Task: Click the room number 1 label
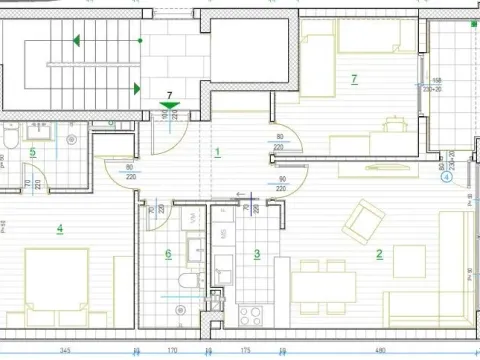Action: tap(218, 153)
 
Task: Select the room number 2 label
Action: tap(379, 254)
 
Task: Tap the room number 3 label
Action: tap(257, 254)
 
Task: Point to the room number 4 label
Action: tap(60, 229)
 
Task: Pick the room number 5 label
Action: tap(33, 153)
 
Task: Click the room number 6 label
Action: tap(168, 254)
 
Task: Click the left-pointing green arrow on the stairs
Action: tap(77, 41)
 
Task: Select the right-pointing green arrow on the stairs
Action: tap(135, 88)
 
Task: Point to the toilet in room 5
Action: tap(8, 137)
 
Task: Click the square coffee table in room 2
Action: tap(409, 261)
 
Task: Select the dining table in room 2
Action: tap(323, 285)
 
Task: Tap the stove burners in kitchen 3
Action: tap(250, 317)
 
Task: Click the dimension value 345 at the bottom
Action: tap(65, 351)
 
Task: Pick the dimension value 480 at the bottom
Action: tap(380, 351)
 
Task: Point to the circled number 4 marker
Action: tap(446, 180)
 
